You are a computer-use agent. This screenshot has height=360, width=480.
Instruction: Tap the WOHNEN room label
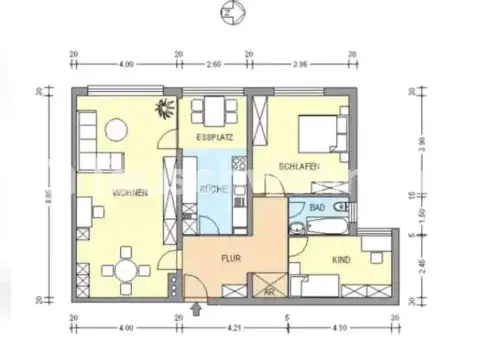point(133,192)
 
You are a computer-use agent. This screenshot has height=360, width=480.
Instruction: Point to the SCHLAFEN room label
point(300,166)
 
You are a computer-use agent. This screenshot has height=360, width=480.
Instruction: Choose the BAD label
point(317,207)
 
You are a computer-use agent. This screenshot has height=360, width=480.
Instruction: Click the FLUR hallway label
point(232,258)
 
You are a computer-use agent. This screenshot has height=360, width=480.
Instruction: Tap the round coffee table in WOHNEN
point(114,128)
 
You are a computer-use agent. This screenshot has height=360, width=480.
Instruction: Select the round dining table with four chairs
point(127,267)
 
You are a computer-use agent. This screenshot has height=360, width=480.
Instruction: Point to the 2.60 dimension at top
point(214,64)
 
